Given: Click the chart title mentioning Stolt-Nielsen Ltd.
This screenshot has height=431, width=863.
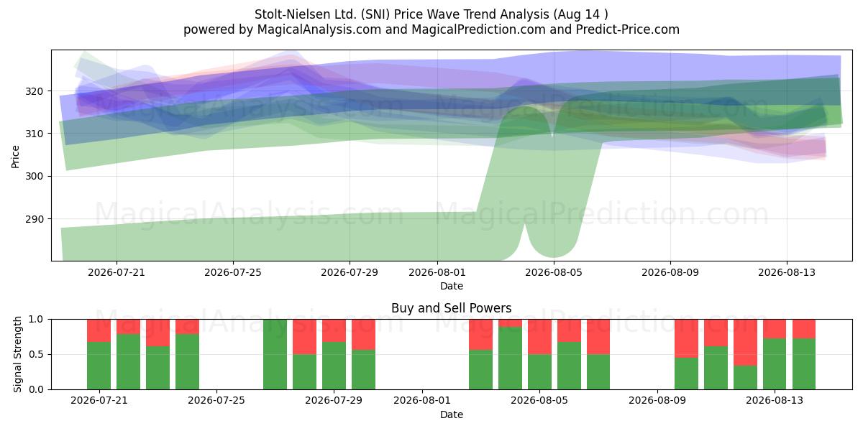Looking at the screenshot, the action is click(x=431, y=14).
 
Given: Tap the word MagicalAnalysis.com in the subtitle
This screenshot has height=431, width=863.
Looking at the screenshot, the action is click(x=319, y=29).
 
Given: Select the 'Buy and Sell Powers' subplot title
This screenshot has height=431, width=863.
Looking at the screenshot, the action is click(x=451, y=308).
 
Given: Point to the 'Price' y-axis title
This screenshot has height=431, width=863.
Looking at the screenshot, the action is click(x=15, y=157).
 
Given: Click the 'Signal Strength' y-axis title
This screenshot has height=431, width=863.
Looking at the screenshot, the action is click(x=17, y=354).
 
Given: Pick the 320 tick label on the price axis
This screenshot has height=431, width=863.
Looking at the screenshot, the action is click(x=35, y=91).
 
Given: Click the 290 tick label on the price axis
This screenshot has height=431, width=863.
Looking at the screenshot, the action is click(x=35, y=219).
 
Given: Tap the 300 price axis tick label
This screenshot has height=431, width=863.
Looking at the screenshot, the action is click(x=35, y=176).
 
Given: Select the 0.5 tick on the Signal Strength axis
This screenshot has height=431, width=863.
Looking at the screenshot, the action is click(x=36, y=354).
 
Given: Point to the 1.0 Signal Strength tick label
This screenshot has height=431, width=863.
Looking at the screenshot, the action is click(x=36, y=320).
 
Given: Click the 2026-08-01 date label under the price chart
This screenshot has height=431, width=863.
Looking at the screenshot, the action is click(x=437, y=272).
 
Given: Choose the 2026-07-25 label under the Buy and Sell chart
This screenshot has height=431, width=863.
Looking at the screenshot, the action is click(x=216, y=400).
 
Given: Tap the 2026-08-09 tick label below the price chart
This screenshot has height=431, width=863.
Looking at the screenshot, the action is click(x=670, y=272).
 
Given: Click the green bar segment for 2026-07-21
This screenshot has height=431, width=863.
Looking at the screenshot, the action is click(x=99, y=366).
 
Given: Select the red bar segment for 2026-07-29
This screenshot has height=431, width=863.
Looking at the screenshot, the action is click(x=334, y=330).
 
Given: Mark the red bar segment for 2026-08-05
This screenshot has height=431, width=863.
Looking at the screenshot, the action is click(x=539, y=337).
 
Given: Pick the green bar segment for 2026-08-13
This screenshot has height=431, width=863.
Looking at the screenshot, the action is click(x=775, y=364).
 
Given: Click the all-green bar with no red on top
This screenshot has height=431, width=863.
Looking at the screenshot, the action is click(x=275, y=354).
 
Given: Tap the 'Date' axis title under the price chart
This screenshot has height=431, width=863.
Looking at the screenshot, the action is click(x=452, y=286).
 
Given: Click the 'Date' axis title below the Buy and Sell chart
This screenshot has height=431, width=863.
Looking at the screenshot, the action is click(x=452, y=414).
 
